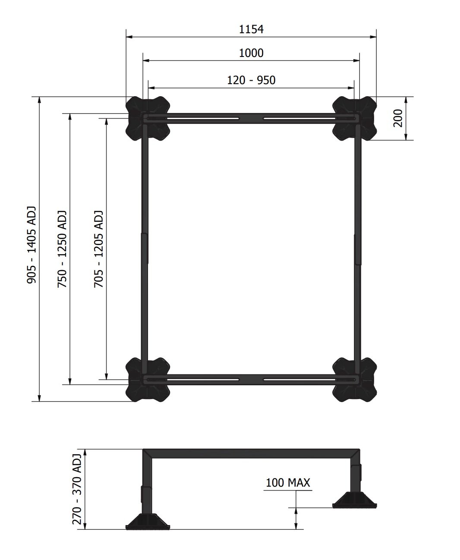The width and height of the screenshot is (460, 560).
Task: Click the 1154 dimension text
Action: [x=251, y=29]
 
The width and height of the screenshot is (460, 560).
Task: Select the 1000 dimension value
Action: [x=251, y=53]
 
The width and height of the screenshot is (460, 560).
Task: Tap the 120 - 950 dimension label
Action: [x=251, y=80]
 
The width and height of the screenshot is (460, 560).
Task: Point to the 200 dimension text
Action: [x=397, y=118]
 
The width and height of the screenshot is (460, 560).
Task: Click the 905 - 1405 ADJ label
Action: [x=32, y=245]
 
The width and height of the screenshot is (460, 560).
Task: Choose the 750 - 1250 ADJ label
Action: [x=62, y=249]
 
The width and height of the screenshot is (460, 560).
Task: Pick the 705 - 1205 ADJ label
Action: [x=98, y=249]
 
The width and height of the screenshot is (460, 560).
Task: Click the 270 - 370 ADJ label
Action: [x=77, y=488]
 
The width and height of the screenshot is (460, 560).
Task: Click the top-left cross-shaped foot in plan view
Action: [x=148, y=118]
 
